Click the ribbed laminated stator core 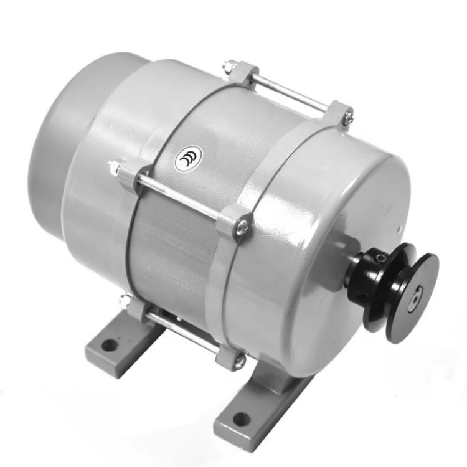(168, 249)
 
